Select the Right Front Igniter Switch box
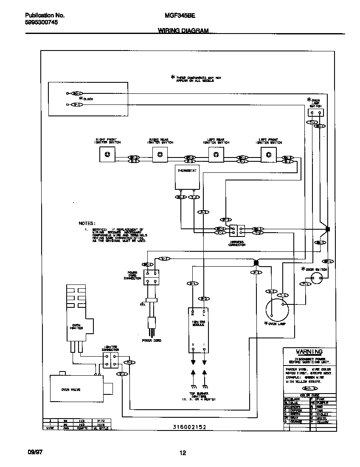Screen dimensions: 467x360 (x=107, y=155)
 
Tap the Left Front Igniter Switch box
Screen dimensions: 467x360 (x=268, y=155)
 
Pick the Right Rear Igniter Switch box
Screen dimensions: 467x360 (x=160, y=155)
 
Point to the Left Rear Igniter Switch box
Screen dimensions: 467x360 (x=216, y=155)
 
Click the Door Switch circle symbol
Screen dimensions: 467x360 (x=317, y=278)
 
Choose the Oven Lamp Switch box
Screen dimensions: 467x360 (x=315, y=113)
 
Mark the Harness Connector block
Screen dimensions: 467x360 (x=237, y=231)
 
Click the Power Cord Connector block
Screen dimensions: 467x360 (x=151, y=277)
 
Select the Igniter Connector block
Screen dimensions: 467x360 (x=110, y=360)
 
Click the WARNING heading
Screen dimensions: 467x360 (x=309, y=352)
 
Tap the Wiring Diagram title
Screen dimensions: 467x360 (x=183, y=31)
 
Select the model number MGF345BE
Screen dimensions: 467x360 (x=180, y=15)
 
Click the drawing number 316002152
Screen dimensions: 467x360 (x=190, y=427)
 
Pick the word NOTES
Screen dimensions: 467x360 (x=87, y=223)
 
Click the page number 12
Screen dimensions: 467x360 (x=183, y=453)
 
